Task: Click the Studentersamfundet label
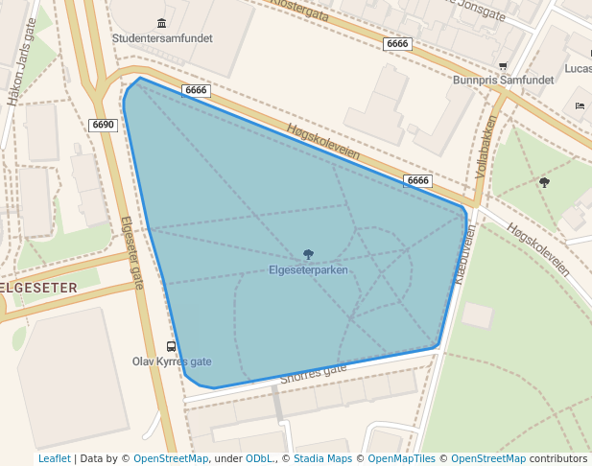[162, 38]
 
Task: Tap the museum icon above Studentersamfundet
[160, 23]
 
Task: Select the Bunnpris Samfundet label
[503, 81]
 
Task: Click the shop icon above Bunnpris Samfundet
[503, 66]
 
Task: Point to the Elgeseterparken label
[308, 269]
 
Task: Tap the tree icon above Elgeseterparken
[308, 254]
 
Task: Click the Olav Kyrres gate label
[172, 361]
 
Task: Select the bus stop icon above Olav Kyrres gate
[172, 346]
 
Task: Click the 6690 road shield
[104, 125]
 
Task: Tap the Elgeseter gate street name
[130, 251]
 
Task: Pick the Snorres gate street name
[313, 374]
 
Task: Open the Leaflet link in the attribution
[54, 459]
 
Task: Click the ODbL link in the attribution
[259, 459]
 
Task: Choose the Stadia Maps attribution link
[322, 459]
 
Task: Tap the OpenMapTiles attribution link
[402, 459]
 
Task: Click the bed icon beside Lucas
[580, 105]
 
